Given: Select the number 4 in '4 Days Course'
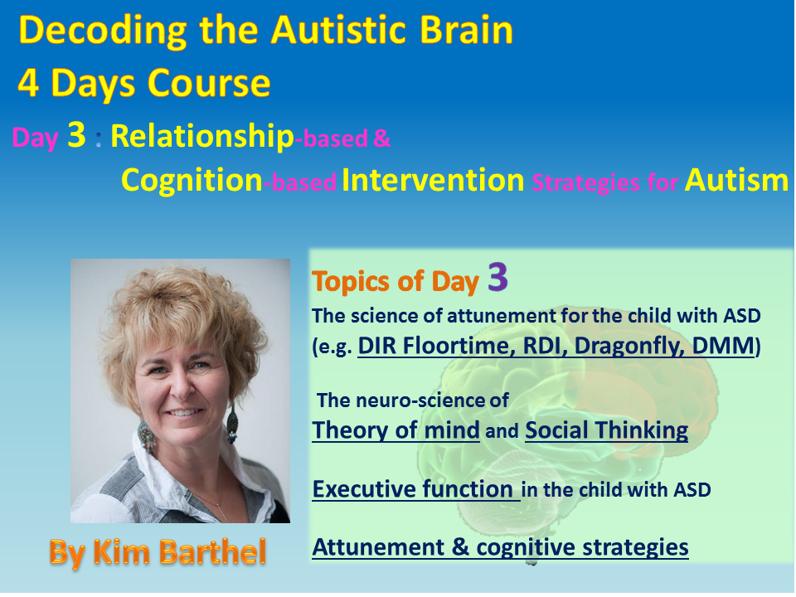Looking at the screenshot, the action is pos(28,83).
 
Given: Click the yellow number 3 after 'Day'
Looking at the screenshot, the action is pos(76,134).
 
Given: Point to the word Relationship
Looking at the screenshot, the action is pos(202,137).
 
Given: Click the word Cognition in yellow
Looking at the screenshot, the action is pos(192,180).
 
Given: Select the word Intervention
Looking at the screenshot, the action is pos(433,180).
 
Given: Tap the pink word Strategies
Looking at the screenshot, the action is pos(586,182).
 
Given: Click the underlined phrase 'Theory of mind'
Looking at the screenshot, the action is pos(396,430).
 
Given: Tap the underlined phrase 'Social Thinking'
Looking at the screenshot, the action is pos(607,430).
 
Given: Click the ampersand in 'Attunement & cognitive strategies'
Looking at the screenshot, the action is pos(460,547).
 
